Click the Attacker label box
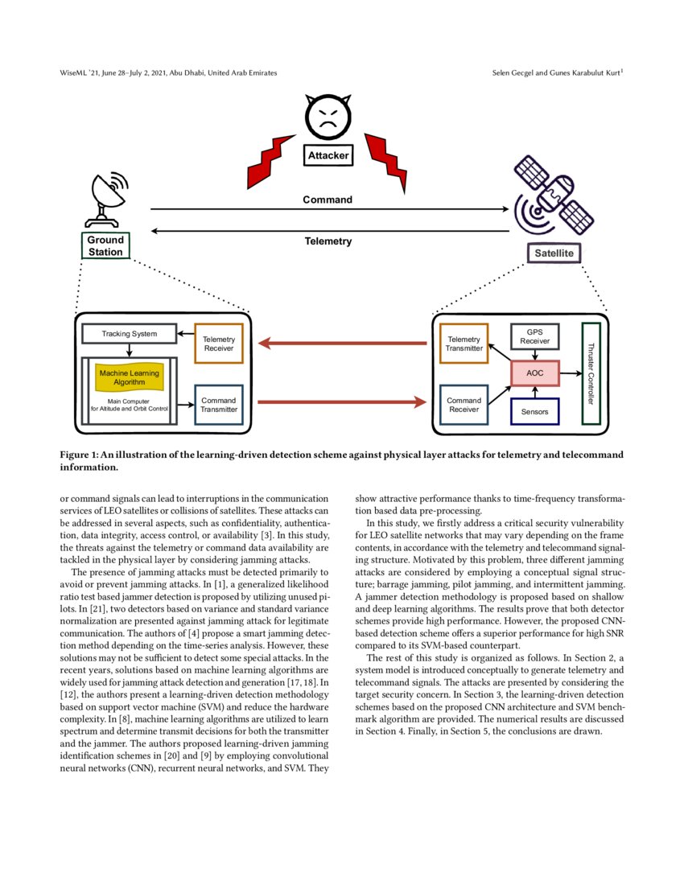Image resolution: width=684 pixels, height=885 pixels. [328, 155]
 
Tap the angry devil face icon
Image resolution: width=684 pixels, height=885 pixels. [328, 117]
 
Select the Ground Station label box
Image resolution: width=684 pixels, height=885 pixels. [105, 245]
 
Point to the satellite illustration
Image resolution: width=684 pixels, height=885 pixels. [554, 197]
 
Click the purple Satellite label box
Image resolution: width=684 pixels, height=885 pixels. [554, 253]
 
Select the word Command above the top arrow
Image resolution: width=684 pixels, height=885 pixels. [327, 200]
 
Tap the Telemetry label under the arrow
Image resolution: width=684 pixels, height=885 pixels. [328, 241]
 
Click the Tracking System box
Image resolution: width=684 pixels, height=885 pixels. [129, 334]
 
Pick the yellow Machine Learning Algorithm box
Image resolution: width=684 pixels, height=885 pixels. [129, 377]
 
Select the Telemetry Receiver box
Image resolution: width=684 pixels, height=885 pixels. [219, 344]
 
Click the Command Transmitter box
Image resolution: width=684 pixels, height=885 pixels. [219, 405]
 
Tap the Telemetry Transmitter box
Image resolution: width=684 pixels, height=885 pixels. [464, 344]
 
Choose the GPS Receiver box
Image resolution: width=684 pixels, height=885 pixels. [534, 336]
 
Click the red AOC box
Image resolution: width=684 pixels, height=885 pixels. [534, 373]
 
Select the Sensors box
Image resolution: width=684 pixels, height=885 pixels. [534, 412]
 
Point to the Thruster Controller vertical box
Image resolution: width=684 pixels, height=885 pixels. [591, 373]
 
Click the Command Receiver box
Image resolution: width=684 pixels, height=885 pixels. [464, 405]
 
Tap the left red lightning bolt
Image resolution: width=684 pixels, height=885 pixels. [271, 160]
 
